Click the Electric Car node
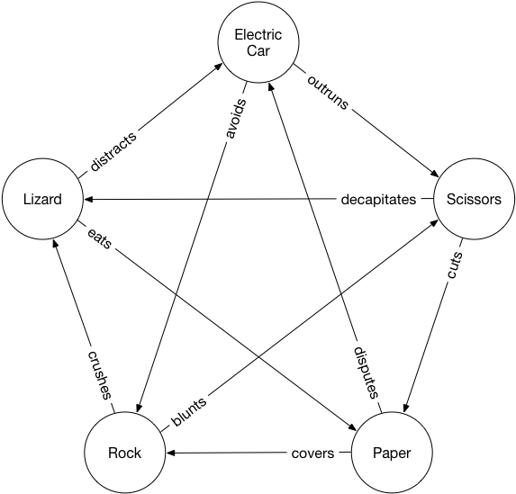point(258,43)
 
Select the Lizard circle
point(42,200)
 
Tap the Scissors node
point(474,200)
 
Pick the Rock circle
point(124,453)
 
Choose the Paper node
point(391,453)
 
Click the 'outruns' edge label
point(330,87)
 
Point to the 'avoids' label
point(231,118)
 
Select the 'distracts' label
point(113,152)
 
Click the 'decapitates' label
point(378,200)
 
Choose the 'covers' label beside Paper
point(313,454)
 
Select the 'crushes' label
point(99,373)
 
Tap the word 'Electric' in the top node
point(258,35)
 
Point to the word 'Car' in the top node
point(258,50)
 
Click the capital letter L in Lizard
point(26,200)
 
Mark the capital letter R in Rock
point(112,453)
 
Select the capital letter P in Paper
point(376,453)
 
